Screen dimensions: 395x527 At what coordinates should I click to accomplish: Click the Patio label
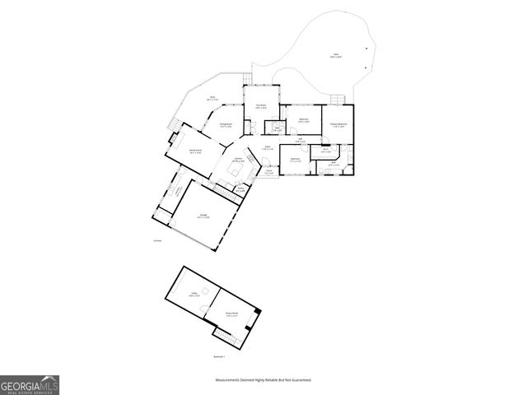coord(335,57)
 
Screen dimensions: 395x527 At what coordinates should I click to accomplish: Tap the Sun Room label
coord(260,106)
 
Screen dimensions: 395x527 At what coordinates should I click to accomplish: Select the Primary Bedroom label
coord(338,124)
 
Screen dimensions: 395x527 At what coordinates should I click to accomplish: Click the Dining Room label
coord(226,126)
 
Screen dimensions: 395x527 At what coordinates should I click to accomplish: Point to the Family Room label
coord(196,151)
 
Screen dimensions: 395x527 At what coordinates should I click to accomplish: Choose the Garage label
coord(203,216)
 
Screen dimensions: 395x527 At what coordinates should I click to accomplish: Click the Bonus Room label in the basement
coord(232,314)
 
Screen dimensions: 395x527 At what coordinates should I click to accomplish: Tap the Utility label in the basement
coord(195,293)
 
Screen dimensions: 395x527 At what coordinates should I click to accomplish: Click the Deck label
coord(212,98)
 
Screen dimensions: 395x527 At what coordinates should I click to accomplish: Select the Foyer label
coord(268,147)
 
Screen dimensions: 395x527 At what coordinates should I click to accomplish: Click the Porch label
coord(268,172)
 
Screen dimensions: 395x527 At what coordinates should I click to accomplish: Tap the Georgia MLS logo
coord(30,384)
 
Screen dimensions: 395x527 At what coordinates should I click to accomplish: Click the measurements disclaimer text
coord(263,380)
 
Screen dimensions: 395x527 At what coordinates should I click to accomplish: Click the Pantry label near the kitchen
coord(240,189)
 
